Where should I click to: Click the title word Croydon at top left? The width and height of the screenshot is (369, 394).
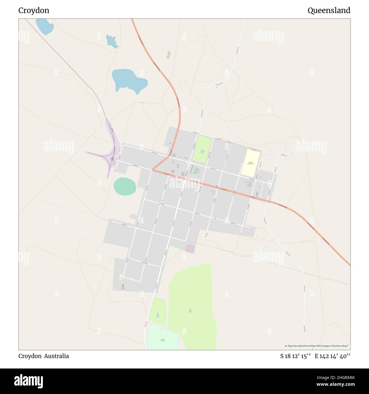(x=34, y=10)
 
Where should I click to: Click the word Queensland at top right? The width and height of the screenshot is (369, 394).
(x=329, y=10)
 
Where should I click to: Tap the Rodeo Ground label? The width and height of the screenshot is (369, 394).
(x=163, y=340)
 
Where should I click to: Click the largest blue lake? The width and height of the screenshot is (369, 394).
(x=129, y=81)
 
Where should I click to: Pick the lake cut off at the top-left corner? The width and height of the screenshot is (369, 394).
(x=45, y=26)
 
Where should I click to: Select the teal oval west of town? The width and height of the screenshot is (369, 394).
(x=125, y=186)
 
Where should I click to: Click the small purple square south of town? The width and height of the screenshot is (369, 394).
(x=190, y=249)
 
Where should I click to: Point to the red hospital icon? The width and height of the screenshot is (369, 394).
(x=123, y=285)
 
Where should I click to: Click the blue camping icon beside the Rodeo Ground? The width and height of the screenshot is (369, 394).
(x=158, y=314)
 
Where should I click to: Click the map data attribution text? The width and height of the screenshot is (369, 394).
(x=317, y=346)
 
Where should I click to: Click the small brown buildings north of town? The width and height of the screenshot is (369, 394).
(x=169, y=55)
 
